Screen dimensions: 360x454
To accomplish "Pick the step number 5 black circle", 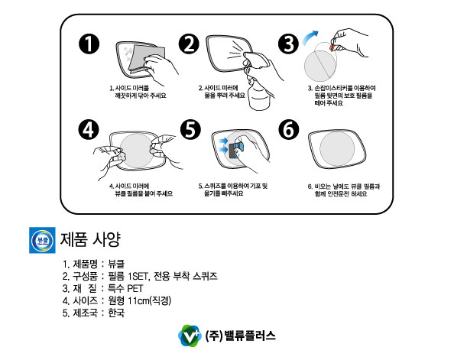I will click(x=189, y=131).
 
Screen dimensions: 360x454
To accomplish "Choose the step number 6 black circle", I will click(x=287, y=131).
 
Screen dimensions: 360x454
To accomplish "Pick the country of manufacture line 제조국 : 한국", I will click(x=94, y=313).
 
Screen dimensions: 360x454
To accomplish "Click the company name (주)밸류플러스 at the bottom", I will click(x=241, y=335).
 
